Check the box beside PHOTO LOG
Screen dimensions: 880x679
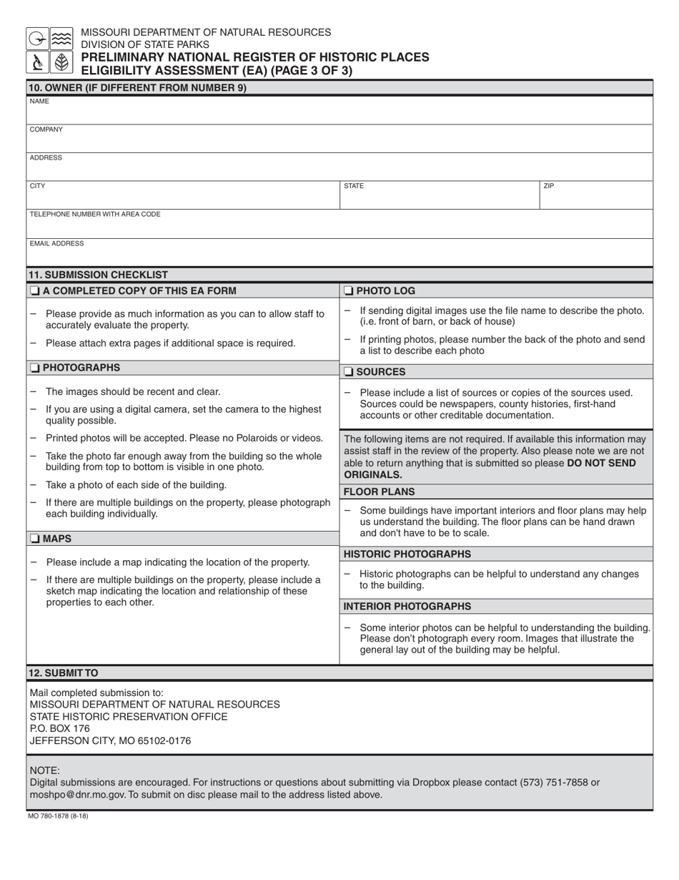tap(348, 291)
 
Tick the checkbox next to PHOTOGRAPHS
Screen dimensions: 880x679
tap(34, 368)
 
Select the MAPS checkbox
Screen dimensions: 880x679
tap(34, 539)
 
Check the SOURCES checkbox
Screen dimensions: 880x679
tap(348, 372)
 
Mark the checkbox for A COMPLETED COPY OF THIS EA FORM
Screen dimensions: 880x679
tap(34, 291)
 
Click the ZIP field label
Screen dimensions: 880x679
tap(549, 186)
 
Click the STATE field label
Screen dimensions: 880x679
tap(354, 186)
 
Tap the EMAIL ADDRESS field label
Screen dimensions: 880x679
tap(56, 243)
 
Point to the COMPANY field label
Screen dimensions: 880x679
tap(46, 129)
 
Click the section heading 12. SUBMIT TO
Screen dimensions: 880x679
tap(63, 673)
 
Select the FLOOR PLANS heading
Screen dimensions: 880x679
tap(379, 492)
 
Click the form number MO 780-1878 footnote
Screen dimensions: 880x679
tap(59, 816)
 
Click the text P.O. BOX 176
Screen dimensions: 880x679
tap(60, 728)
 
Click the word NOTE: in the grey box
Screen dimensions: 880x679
tap(44, 771)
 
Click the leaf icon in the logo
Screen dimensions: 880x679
tap(61, 62)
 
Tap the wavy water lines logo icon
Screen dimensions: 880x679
tap(61, 39)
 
